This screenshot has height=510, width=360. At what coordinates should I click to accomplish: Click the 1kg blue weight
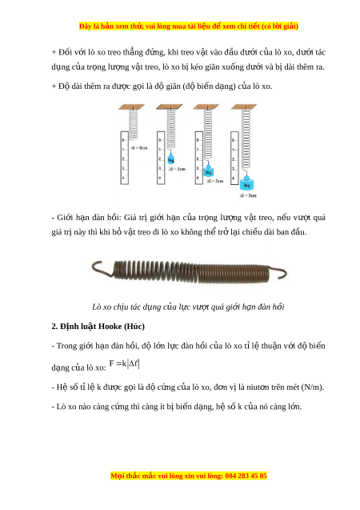point(171,159)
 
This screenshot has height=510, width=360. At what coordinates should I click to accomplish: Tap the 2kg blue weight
point(208,171)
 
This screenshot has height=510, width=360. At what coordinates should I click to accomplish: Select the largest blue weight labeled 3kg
point(246,184)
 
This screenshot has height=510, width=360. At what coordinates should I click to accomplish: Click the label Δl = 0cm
point(138,147)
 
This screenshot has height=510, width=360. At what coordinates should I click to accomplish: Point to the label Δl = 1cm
point(177,169)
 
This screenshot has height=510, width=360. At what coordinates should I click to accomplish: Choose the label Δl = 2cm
point(214,181)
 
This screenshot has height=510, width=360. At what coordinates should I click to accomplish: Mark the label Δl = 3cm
point(248,195)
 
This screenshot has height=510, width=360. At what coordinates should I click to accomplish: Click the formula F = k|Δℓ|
point(125,363)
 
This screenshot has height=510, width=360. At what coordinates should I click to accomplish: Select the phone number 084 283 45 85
point(246,476)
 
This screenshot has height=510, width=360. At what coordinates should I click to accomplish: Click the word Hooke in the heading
point(110,326)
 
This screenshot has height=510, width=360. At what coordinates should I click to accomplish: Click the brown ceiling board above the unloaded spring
point(131,106)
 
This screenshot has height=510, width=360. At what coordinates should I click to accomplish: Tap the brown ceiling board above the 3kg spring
point(244,106)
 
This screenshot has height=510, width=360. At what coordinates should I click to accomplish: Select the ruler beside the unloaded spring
point(125,158)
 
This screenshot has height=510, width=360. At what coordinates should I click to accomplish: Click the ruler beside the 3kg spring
point(234,158)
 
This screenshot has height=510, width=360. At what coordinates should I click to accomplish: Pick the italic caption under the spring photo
point(188,307)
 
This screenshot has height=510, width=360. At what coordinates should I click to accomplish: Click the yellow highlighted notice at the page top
point(189,26)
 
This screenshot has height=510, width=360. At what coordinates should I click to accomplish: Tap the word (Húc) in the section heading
point(134,326)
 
